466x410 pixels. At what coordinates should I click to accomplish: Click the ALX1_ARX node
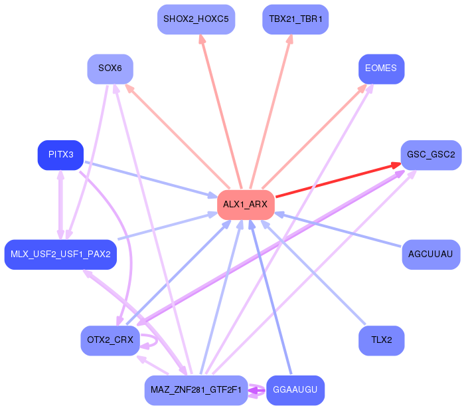pos(246,205)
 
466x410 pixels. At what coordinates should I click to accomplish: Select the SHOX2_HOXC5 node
pos(196,19)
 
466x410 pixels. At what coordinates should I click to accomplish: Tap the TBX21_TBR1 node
pos(295,19)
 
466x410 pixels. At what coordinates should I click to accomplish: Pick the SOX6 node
pos(110,69)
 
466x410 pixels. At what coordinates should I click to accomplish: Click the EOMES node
pos(381,69)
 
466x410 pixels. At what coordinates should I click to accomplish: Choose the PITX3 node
pos(60,155)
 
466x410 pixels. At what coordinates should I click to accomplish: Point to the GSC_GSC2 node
pos(431,155)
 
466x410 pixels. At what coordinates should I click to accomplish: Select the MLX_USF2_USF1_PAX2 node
pos(60,255)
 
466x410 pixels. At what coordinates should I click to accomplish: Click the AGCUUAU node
pos(431,255)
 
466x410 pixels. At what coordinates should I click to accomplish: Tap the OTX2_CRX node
pos(110,340)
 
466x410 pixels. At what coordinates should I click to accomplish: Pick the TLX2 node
pos(381,340)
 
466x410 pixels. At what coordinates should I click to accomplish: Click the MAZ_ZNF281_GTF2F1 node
pos(196,390)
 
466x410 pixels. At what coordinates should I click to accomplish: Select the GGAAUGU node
pos(295,390)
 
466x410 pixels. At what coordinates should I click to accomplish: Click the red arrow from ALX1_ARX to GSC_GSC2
pos(339,180)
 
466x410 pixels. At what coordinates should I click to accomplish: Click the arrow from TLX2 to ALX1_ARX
pos(313,272)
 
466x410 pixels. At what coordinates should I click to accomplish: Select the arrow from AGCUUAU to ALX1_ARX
pos(338,229)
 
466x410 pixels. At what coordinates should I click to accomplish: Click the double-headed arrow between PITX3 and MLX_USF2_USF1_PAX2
pos(60,205)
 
